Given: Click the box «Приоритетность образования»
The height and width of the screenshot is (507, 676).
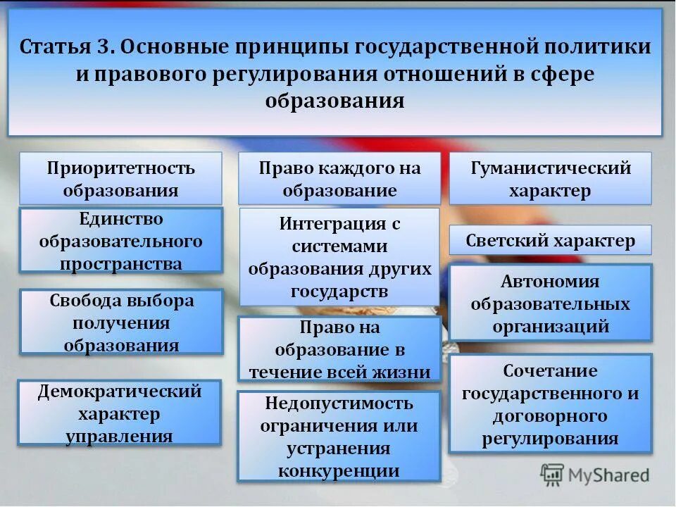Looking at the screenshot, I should tap(120, 179).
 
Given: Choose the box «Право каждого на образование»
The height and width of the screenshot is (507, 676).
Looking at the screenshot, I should tap(339, 179).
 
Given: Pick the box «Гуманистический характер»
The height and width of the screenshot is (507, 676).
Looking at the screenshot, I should tap(550, 179).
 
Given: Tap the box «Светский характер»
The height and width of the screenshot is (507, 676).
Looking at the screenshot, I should tap(550, 241).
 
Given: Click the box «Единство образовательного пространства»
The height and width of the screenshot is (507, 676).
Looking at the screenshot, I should tap(120, 241).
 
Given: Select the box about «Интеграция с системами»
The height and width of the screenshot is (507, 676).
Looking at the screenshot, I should tap(339, 257).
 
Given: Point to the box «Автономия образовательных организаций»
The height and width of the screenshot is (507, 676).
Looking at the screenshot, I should tap(550, 303).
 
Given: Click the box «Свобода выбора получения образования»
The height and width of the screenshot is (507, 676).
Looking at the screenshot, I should tap(120, 323).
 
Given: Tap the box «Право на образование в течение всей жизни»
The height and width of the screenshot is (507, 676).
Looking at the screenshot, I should tap(339, 350).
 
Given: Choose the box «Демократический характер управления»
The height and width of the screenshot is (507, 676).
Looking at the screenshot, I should tap(120, 413).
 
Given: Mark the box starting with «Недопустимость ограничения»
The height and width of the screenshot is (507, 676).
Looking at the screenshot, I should tap(339, 437).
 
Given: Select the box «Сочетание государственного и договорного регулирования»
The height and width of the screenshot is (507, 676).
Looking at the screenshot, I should tap(550, 404).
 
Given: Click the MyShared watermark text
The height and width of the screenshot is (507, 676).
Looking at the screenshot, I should tap(609, 476).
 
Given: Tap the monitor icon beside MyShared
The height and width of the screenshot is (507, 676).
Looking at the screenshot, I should tap(552, 475).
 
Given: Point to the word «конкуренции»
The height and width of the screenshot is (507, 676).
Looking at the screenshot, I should tap(339, 470).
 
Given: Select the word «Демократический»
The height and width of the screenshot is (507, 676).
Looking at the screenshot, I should tap(120, 391).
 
